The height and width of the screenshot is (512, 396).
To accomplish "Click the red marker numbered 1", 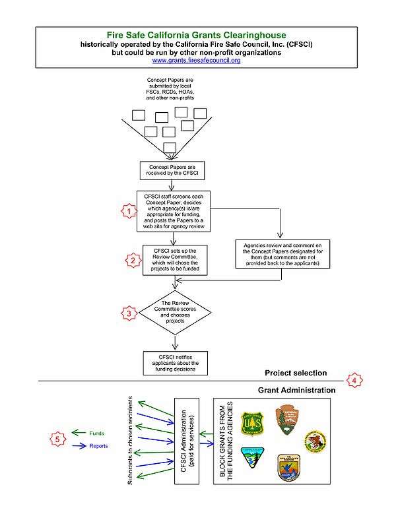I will click(x=131, y=211).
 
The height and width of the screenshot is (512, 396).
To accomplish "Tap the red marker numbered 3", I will click(x=130, y=313).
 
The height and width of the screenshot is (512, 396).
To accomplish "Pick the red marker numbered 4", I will click(x=354, y=381).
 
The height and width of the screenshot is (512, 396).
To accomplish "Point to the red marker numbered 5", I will click(x=57, y=439).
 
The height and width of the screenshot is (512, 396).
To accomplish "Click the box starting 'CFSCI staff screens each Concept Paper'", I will click(x=174, y=211).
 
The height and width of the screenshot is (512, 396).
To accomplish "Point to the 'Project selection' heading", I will click(x=296, y=373).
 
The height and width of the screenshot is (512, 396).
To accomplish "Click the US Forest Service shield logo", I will click(x=253, y=423).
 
